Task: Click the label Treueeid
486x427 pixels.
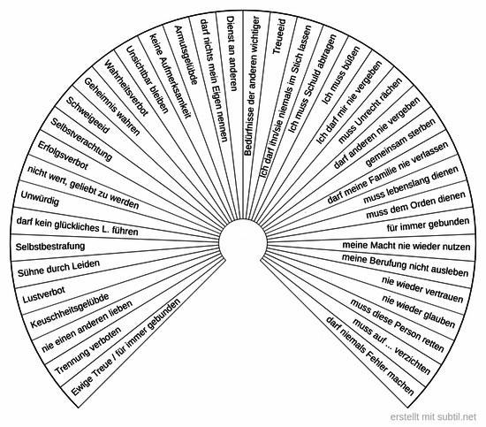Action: coord(278,36)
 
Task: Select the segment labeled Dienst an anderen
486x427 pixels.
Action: coord(232,54)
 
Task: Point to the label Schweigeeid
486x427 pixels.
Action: coord(87,115)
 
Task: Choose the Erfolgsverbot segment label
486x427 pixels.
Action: coord(63,156)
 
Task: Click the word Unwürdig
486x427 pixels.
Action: coord(40,198)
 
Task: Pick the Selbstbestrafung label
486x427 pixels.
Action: coord(50,247)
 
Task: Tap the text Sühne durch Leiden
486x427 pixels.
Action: coord(58,268)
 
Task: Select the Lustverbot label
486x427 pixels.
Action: coord(44,294)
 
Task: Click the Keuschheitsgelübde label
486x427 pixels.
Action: coord(70,310)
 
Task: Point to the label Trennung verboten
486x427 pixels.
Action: coord(88,351)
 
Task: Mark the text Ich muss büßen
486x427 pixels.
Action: coord(341,75)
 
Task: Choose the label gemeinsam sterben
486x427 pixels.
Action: coord(400,142)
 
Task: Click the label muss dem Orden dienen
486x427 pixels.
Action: coord(415,205)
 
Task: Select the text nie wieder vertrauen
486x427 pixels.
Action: coord(422,289)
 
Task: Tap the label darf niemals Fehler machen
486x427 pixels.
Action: coord(370,355)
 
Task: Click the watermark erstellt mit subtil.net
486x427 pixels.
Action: coord(433,416)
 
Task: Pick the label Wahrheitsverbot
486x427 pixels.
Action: coord(126,88)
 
